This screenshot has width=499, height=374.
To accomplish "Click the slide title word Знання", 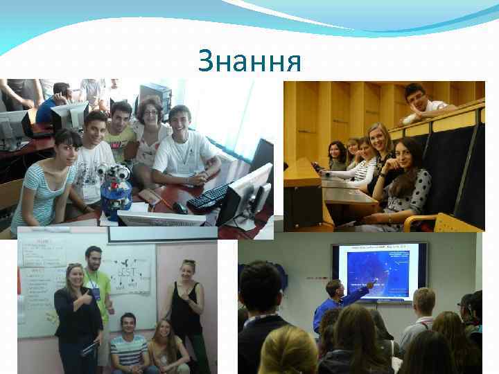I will point(249,61).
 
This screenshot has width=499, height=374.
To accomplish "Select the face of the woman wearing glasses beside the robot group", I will point(151,111).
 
